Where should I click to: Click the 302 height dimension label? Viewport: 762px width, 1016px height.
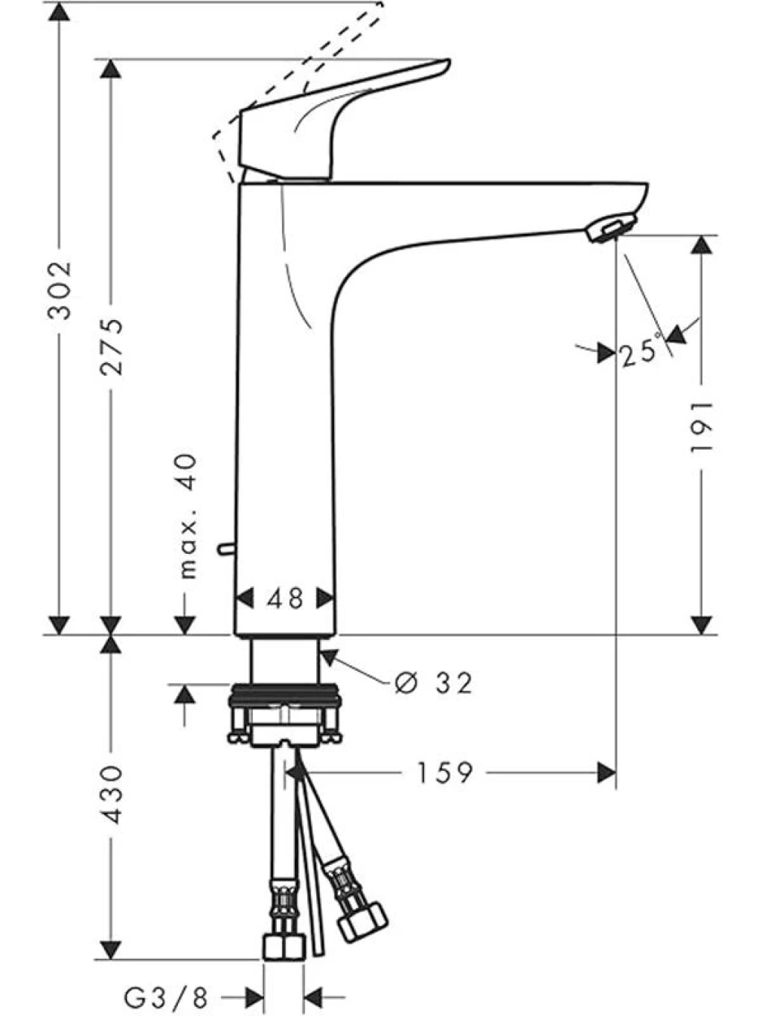[60, 291]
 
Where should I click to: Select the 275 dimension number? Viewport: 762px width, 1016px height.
[112, 346]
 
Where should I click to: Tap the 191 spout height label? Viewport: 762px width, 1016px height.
[702, 426]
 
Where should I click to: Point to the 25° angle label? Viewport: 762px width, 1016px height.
[640, 352]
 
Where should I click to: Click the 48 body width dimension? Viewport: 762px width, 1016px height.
[285, 598]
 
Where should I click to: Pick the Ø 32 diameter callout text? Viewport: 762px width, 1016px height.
[434, 683]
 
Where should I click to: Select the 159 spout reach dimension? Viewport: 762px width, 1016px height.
[445, 773]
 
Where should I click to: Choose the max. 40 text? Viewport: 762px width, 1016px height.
[188, 516]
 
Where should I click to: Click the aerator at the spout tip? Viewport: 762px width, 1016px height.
[610, 228]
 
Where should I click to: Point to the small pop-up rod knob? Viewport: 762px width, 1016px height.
[226, 549]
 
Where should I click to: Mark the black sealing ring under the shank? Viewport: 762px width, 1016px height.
[285, 691]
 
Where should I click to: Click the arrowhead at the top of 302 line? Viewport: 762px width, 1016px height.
[60, 11]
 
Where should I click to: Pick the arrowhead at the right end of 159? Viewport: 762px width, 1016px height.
[606, 773]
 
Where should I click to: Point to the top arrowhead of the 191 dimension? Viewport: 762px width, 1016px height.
[702, 244]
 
